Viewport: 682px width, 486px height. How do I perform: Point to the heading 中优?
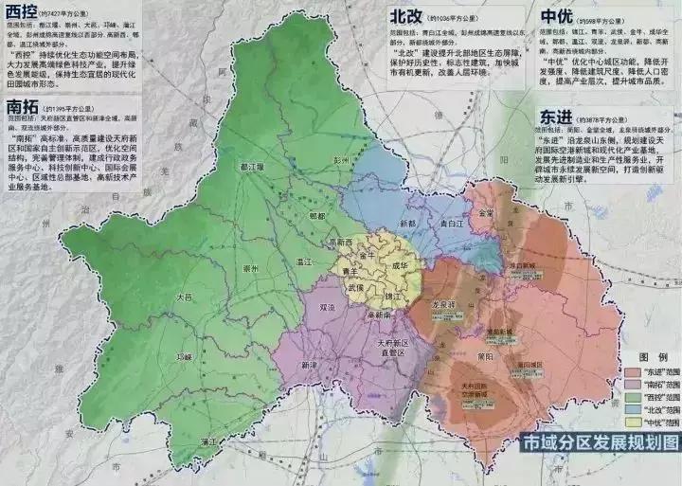point(560,17)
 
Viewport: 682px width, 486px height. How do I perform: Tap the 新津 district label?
point(310,365)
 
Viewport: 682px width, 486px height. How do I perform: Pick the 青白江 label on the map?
point(451,224)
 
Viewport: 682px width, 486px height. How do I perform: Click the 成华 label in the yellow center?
point(402,266)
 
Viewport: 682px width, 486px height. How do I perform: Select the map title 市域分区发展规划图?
point(591,441)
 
